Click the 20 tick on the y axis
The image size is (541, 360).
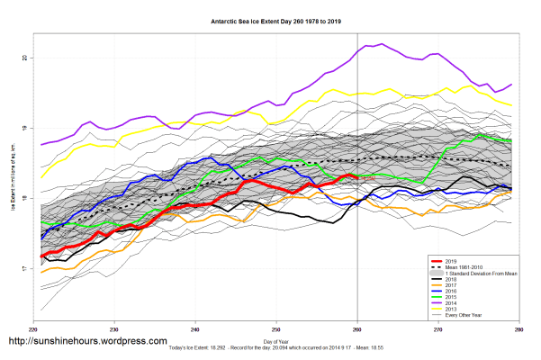24,58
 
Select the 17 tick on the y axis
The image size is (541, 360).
24,268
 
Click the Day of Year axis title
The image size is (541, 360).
277,341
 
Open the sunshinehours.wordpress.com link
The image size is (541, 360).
87,342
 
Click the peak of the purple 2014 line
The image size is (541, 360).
382,43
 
